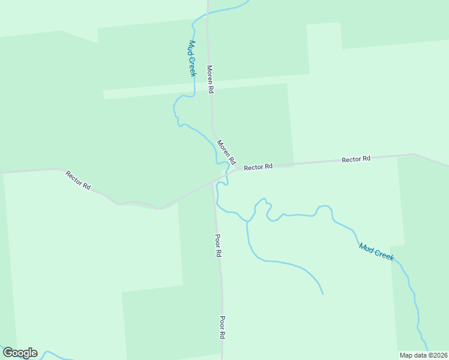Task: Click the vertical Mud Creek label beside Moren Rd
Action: click(x=193, y=58)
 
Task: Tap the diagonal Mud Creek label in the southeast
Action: click(x=376, y=251)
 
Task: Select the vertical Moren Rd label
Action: click(x=211, y=79)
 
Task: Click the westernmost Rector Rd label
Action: click(x=78, y=180)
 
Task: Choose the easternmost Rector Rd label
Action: click(x=356, y=159)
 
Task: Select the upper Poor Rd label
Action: click(x=218, y=245)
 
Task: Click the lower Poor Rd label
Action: click(x=222, y=328)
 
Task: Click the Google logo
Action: click(x=20, y=353)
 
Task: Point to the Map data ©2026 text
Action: click(x=424, y=355)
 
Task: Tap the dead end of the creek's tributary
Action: click(x=323, y=294)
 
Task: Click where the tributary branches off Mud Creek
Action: click(x=247, y=221)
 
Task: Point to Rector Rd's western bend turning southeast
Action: click(x=60, y=169)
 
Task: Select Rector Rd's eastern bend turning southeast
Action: click(x=415, y=155)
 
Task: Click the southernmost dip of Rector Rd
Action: click(x=160, y=208)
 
